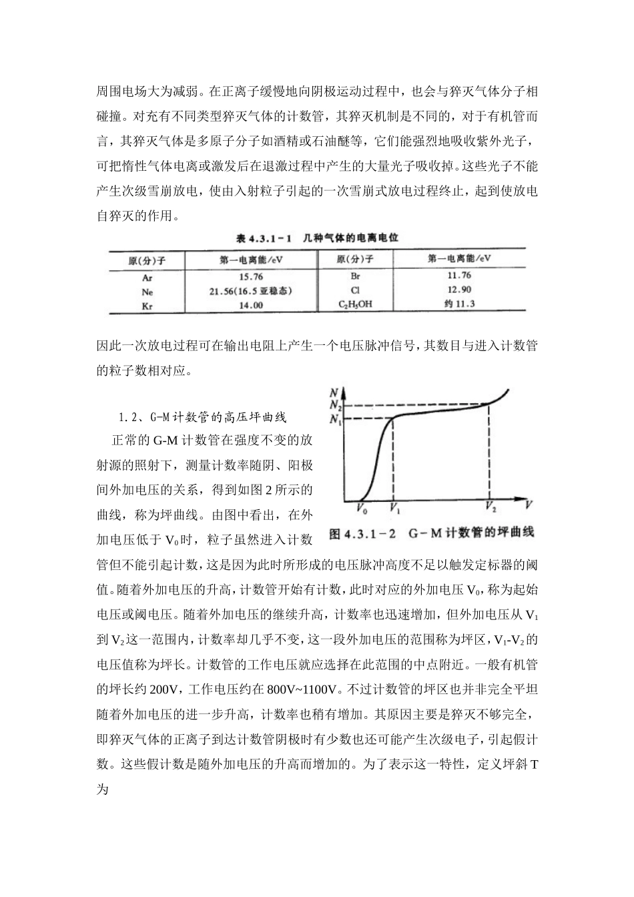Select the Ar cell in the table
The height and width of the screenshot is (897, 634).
pos(147,278)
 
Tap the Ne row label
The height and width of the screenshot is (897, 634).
pos(147,292)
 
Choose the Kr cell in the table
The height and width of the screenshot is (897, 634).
pos(147,306)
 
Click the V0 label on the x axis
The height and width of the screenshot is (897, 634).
pos(361,510)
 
